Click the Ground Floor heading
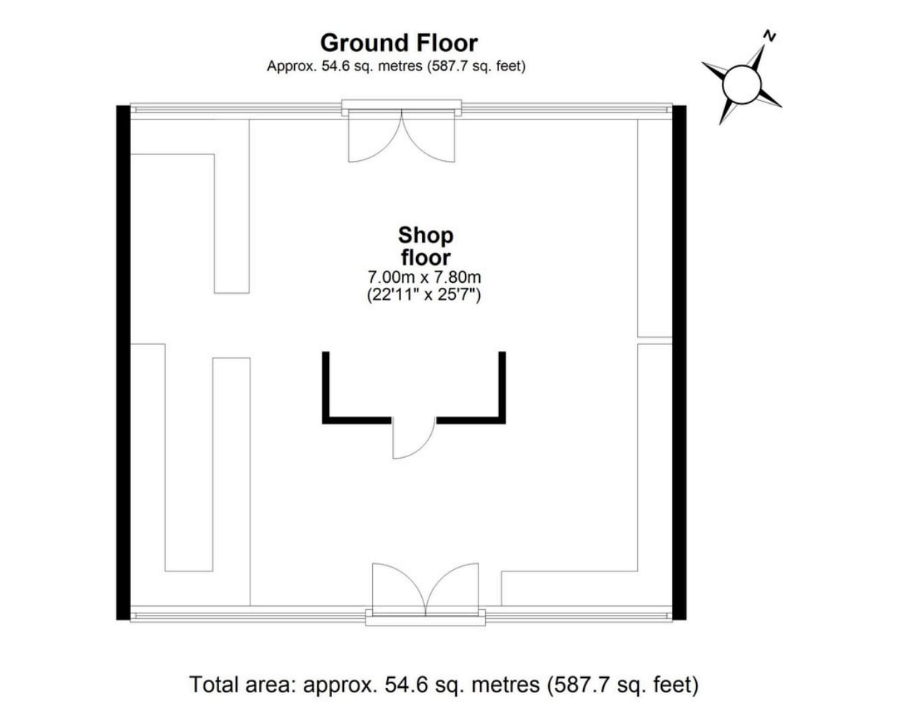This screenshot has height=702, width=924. (398, 42)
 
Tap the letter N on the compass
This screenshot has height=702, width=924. (770, 35)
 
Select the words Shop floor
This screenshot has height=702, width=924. (426, 246)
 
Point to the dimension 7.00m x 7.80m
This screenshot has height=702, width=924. (425, 278)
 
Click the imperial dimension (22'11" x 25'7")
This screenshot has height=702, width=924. (425, 295)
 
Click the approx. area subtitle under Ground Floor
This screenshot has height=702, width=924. (396, 66)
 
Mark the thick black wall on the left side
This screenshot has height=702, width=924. (123, 362)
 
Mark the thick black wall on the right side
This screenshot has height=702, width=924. (679, 362)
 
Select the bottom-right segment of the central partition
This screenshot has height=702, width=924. (470, 421)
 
